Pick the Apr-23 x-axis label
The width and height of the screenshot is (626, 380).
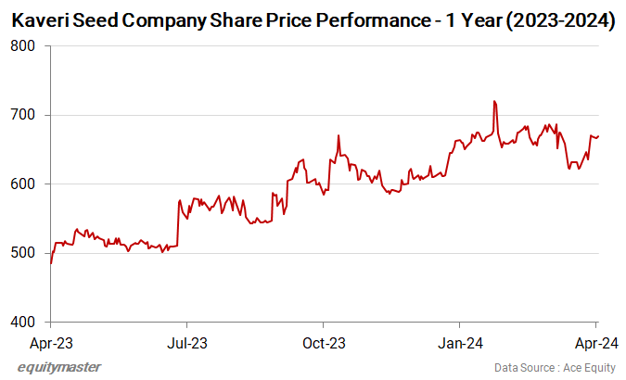(50, 343)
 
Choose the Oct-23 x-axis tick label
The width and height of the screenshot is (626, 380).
(324, 343)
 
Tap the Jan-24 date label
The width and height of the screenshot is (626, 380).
(460, 343)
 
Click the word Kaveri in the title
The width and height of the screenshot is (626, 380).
(40, 19)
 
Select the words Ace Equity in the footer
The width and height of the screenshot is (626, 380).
(588, 368)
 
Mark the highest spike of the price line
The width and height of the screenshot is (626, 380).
(494, 101)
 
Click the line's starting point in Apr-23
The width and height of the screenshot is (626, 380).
(50, 263)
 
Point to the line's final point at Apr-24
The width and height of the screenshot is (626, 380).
(598, 136)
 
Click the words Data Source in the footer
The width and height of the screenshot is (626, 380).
(525, 368)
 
